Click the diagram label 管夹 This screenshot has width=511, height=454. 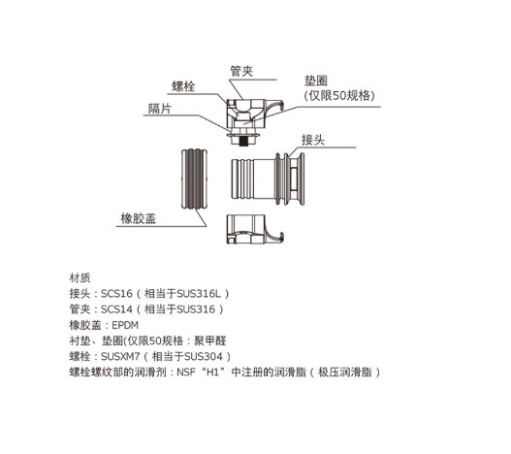(241, 72)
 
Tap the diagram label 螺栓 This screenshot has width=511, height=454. (183, 86)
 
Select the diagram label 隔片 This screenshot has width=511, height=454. (160, 109)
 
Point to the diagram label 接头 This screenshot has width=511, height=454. (313, 140)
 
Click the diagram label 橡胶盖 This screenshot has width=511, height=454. (139, 218)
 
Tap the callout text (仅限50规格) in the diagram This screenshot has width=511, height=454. (339, 96)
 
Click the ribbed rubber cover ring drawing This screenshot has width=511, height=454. (194, 178)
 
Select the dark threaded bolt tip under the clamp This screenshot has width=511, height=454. (242, 142)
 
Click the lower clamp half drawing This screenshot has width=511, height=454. (254, 229)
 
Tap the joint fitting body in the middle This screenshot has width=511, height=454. (268, 178)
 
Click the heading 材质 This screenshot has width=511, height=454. (80, 278)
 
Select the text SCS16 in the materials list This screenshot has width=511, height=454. (116, 294)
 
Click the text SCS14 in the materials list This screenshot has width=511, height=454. (116, 309)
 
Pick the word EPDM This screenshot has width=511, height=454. (125, 325)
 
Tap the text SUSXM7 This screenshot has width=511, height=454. (120, 356)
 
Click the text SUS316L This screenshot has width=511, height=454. (199, 294)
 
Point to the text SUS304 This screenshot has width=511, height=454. (204, 356)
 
